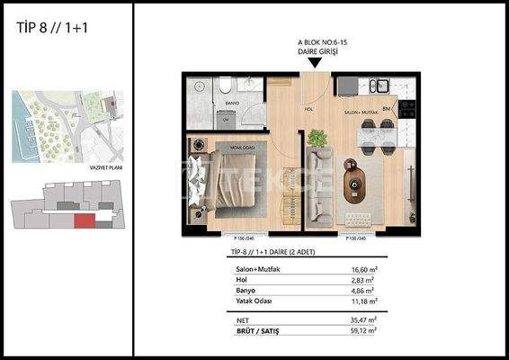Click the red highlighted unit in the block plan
pyautogui.click(x=83, y=220)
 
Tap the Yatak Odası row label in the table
pyautogui.click(x=253, y=301)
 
